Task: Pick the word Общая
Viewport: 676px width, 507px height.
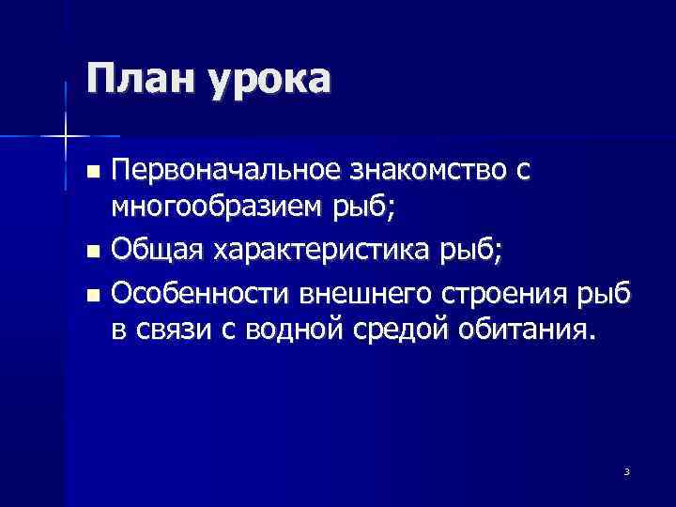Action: pyautogui.click(x=156, y=251)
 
